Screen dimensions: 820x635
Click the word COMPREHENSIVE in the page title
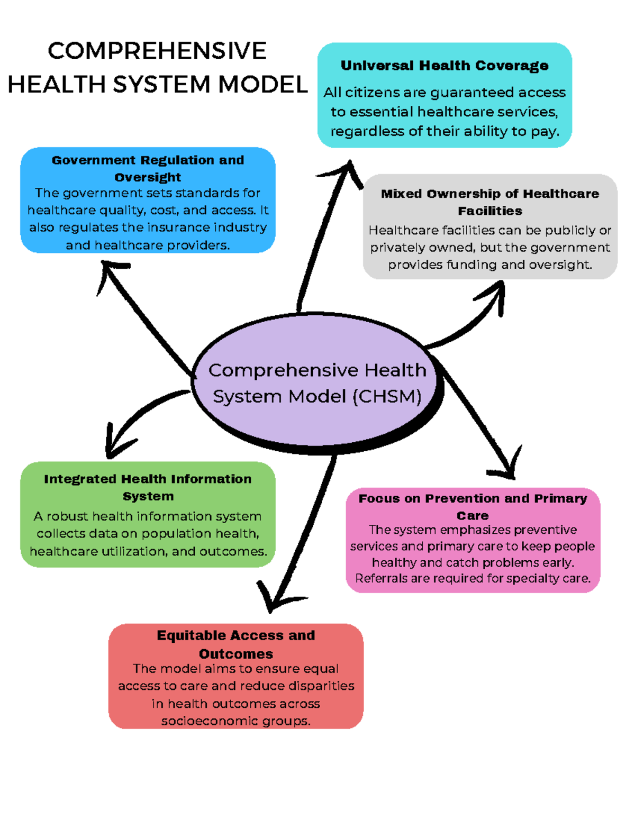point(157,51)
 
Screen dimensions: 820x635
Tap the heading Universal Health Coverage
point(444,66)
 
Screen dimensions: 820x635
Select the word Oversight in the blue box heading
point(148,177)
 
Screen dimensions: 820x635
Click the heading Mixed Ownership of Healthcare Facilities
point(490,202)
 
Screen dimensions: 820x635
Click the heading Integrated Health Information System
point(148,487)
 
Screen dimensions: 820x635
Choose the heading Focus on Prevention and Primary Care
point(473,506)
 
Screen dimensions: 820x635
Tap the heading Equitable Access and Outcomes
point(236,644)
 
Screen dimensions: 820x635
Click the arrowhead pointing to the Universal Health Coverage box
point(347,168)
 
